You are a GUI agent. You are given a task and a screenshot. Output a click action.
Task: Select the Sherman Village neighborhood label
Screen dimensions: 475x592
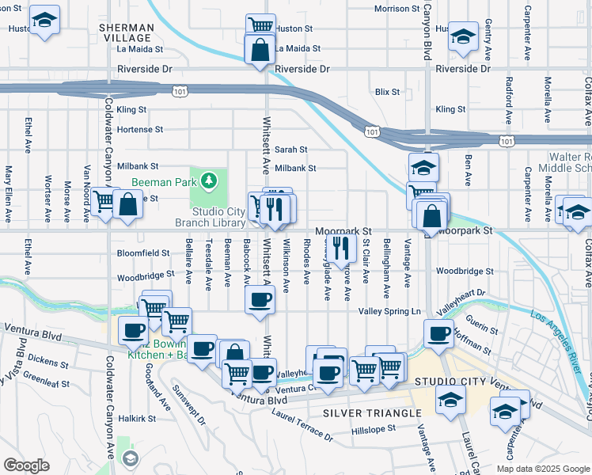(x=126, y=32)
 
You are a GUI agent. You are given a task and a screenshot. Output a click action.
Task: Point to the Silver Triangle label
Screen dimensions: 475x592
(x=372, y=414)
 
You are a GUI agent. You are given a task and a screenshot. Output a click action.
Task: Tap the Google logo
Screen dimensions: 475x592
(x=26, y=465)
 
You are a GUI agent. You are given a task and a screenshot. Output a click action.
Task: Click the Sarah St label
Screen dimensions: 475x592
(x=290, y=150)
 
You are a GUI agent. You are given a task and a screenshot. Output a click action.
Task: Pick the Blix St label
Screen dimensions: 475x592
(x=387, y=92)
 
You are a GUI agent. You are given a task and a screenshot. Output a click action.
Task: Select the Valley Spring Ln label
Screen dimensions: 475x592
(x=389, y=312)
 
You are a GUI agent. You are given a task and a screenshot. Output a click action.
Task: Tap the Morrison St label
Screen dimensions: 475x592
(x=396, y=9)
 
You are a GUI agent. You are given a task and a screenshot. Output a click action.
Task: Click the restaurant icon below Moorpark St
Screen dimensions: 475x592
(x=341, y=248)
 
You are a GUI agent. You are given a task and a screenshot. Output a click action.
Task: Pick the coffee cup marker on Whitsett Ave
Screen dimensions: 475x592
(x=259, y=301)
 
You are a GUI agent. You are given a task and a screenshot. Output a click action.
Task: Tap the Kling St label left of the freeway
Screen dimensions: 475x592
(x=131, y=109)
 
